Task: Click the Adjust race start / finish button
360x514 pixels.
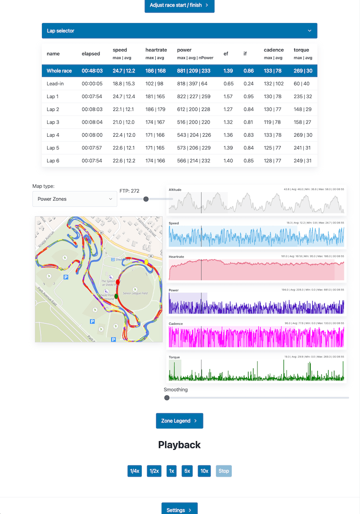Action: (x=179, y=5)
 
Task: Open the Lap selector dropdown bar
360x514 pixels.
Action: (x=179, y=31)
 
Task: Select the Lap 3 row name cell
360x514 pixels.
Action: (x=53, y=122)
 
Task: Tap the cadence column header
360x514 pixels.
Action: (x=274, y=50)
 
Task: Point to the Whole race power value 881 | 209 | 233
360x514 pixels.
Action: (x=193, y=71)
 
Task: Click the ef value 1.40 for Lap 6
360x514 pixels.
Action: (x=228, y=161)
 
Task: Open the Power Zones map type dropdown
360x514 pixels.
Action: (x=75, y=199)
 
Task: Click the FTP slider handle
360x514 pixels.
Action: (x=146, y=199)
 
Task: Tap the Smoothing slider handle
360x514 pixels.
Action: (x=167, y=398)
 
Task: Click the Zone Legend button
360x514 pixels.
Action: (x=179, y=421)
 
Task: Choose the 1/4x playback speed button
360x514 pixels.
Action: (x=135, y=471)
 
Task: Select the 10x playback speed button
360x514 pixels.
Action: (x=204, y=471)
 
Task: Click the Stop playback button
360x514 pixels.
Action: (x=224, y=471)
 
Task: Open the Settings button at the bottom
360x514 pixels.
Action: (x=179, y=510)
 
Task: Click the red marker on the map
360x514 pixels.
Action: (x=118, y=282)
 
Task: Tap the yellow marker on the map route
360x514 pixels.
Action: (x=146, y=262)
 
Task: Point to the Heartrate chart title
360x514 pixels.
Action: (x=176, y=257)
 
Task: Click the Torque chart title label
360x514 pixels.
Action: (x=174, y=357)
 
